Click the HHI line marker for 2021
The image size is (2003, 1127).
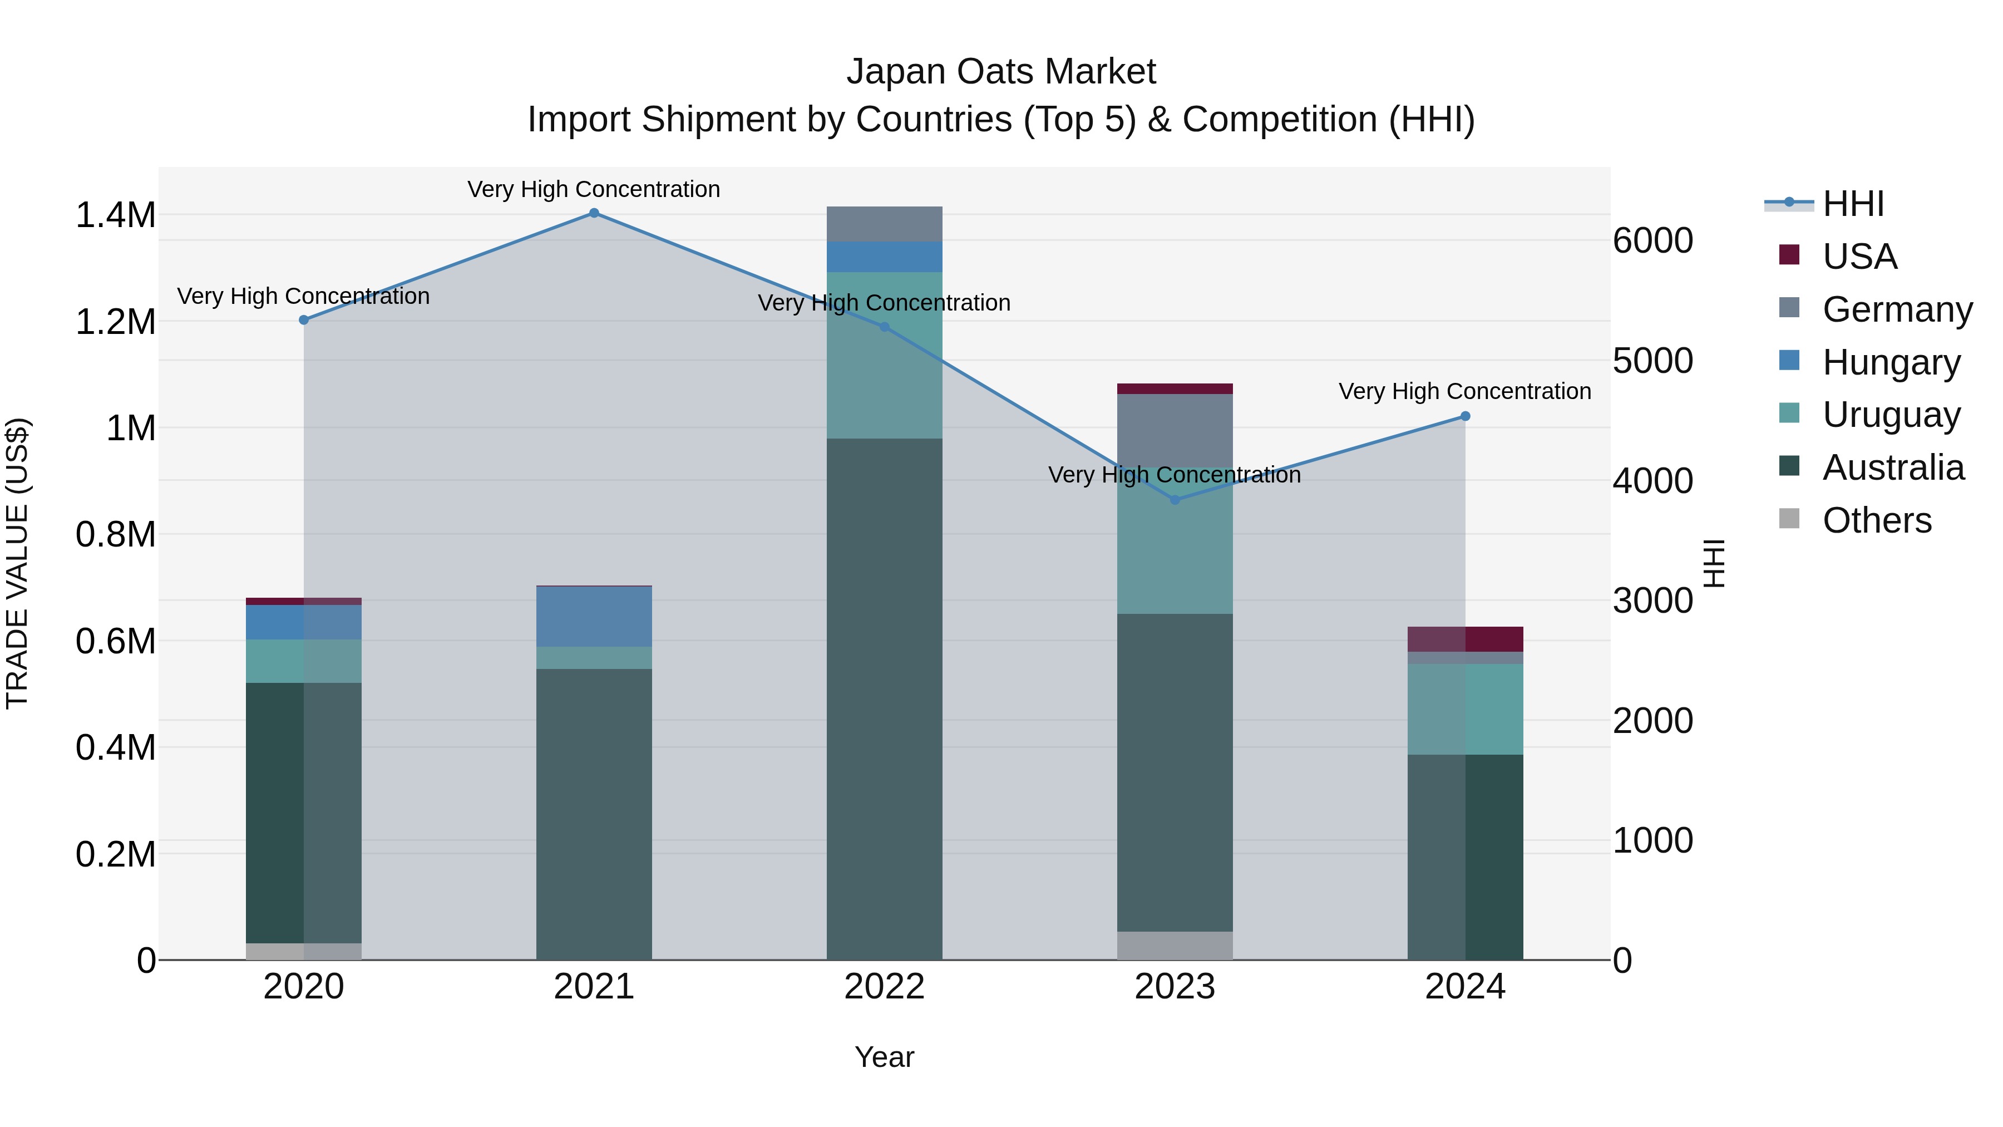click(x=594, y=213)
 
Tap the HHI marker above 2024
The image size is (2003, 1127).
click(x=1465, y=416)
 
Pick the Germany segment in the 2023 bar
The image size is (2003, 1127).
click(x=1175, y=430)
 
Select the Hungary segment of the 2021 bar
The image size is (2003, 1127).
click(x=594, y=617)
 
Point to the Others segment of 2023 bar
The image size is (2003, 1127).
click(x=1175, y=945)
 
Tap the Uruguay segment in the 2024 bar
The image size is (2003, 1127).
click(x=1465, y=710)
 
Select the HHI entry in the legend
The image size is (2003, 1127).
click(x=1852, y=204)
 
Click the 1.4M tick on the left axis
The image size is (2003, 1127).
click(x=116, y=215)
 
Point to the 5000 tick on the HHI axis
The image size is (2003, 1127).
click(x=1652, y=361)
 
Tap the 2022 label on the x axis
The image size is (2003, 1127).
click(x=884, y=987)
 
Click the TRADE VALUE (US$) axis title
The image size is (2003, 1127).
click(x=18, y=563)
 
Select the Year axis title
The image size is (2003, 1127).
click(x=884, y=1057)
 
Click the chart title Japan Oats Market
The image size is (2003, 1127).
click(x=1001, y=72)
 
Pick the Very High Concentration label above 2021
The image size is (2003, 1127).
click(x=594, y=189)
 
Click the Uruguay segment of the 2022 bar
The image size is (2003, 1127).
click(x=884, y=355)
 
